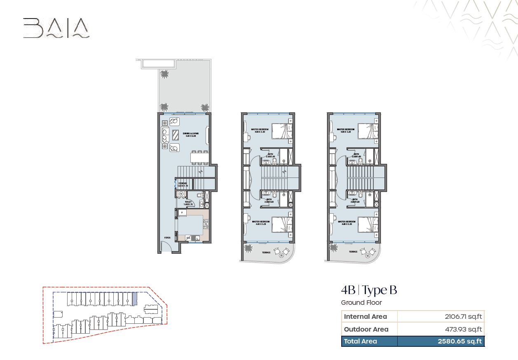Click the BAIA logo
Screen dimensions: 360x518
coord(56,28)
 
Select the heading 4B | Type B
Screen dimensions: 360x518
coord(369,290)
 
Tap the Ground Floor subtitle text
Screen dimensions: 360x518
coord(361,303)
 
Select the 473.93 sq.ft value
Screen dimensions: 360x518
coord(463,329)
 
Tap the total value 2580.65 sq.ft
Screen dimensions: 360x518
coord(459,341)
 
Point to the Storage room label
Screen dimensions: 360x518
coord(183,184)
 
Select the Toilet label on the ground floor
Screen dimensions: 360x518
coord(188,203)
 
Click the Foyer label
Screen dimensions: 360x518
coord(167,238)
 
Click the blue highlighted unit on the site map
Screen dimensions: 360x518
coord(134,299)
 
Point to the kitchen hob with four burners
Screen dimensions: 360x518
coord(205,224)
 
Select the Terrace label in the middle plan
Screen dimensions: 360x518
coord(266,252)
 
